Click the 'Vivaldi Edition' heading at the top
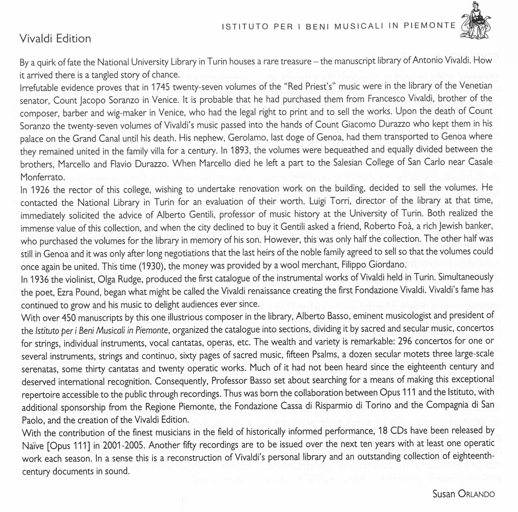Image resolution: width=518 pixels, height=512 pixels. coord(55,39)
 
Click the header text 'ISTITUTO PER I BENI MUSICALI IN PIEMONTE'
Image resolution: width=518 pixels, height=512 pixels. coord(339,26)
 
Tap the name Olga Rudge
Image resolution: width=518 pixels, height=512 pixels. coord(113,276)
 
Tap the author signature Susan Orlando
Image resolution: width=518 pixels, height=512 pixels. coord(463,493)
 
